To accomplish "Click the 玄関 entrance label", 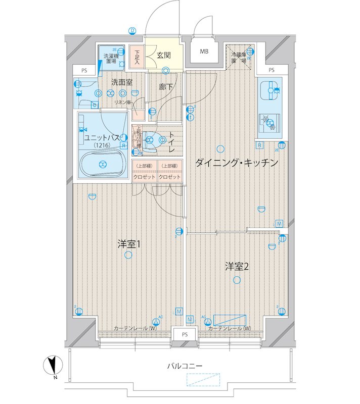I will point(163,55).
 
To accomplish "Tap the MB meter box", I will point(204,52).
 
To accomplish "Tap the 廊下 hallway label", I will point(165,87).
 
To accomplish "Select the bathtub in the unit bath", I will point(103,164).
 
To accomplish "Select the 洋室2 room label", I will point(237,267).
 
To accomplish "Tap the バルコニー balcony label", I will point(185,365).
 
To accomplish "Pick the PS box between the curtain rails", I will point(185,334).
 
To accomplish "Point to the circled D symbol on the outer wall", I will point(132,30).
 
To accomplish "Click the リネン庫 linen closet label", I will point(122,103).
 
